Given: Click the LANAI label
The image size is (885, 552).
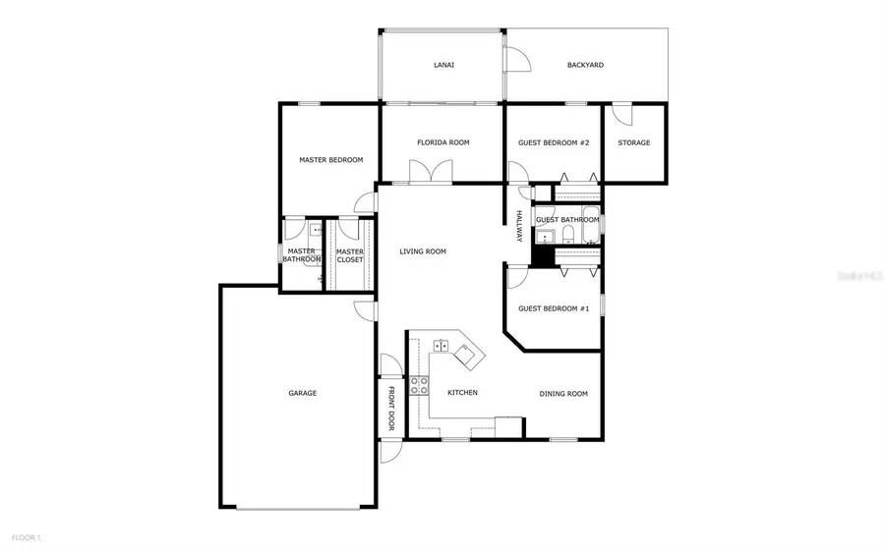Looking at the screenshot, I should (443, 66).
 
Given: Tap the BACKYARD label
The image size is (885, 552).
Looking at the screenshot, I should (585, 66).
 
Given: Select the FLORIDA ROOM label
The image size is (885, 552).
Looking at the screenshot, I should (442, 142).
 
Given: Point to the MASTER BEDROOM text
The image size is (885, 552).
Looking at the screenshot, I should (331, 160).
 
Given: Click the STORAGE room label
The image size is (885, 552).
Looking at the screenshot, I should (634, 142).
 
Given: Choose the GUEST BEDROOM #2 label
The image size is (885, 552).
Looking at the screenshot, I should (554, 142).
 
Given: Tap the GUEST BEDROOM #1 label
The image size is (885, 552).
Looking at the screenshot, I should (554, 308).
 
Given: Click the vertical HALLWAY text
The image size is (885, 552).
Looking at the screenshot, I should (518, 228).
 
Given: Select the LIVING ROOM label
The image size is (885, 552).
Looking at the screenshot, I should (423, 251).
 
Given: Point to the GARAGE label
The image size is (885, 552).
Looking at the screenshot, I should (302, 393).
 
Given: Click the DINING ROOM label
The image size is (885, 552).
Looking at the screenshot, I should (563, 394).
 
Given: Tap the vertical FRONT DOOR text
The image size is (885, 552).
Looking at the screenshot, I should (390, 408).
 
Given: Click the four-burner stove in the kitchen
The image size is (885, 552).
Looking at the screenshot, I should (420, 385).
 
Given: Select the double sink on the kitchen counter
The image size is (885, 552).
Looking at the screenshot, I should (439, 346).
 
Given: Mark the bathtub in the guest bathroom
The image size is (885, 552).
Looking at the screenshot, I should (590, 217).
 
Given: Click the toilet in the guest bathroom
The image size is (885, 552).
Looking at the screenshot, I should (567, 234).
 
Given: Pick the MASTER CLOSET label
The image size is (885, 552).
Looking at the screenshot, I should (350, 255).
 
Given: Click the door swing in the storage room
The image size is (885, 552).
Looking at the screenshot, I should (621, 113).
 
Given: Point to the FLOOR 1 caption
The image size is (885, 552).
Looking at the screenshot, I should (27, 537).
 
